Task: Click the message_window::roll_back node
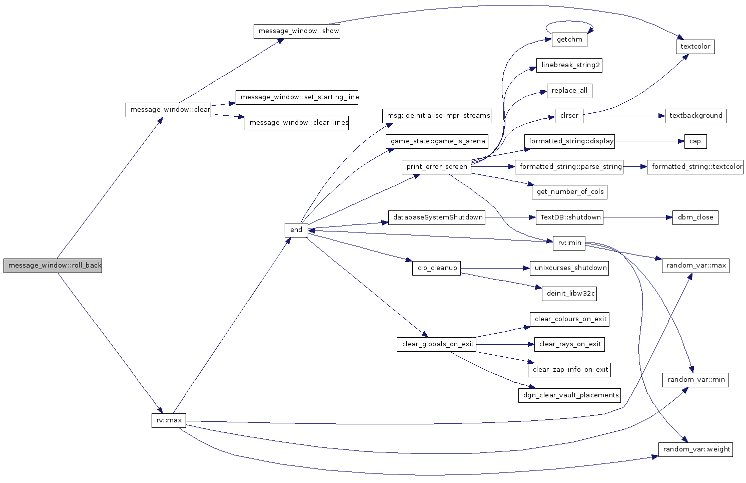click(53, 266)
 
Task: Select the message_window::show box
click(297, 31)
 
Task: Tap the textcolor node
click(695, 47)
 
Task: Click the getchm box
click(569, 40)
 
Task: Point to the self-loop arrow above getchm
click(569, 22)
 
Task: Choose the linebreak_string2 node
click(569, 65)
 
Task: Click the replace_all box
click(569, 91)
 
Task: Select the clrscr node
click(569, 116)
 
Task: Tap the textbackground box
click(695, 116)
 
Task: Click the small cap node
click(695, 141)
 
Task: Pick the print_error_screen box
click(436, 167)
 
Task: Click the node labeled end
click(296, 230)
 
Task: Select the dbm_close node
click(695, 217)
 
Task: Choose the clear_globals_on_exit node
click(436, 344)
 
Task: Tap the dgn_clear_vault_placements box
click(569, 395)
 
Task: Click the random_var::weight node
click(695, 449)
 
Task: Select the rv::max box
click(169, 420)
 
